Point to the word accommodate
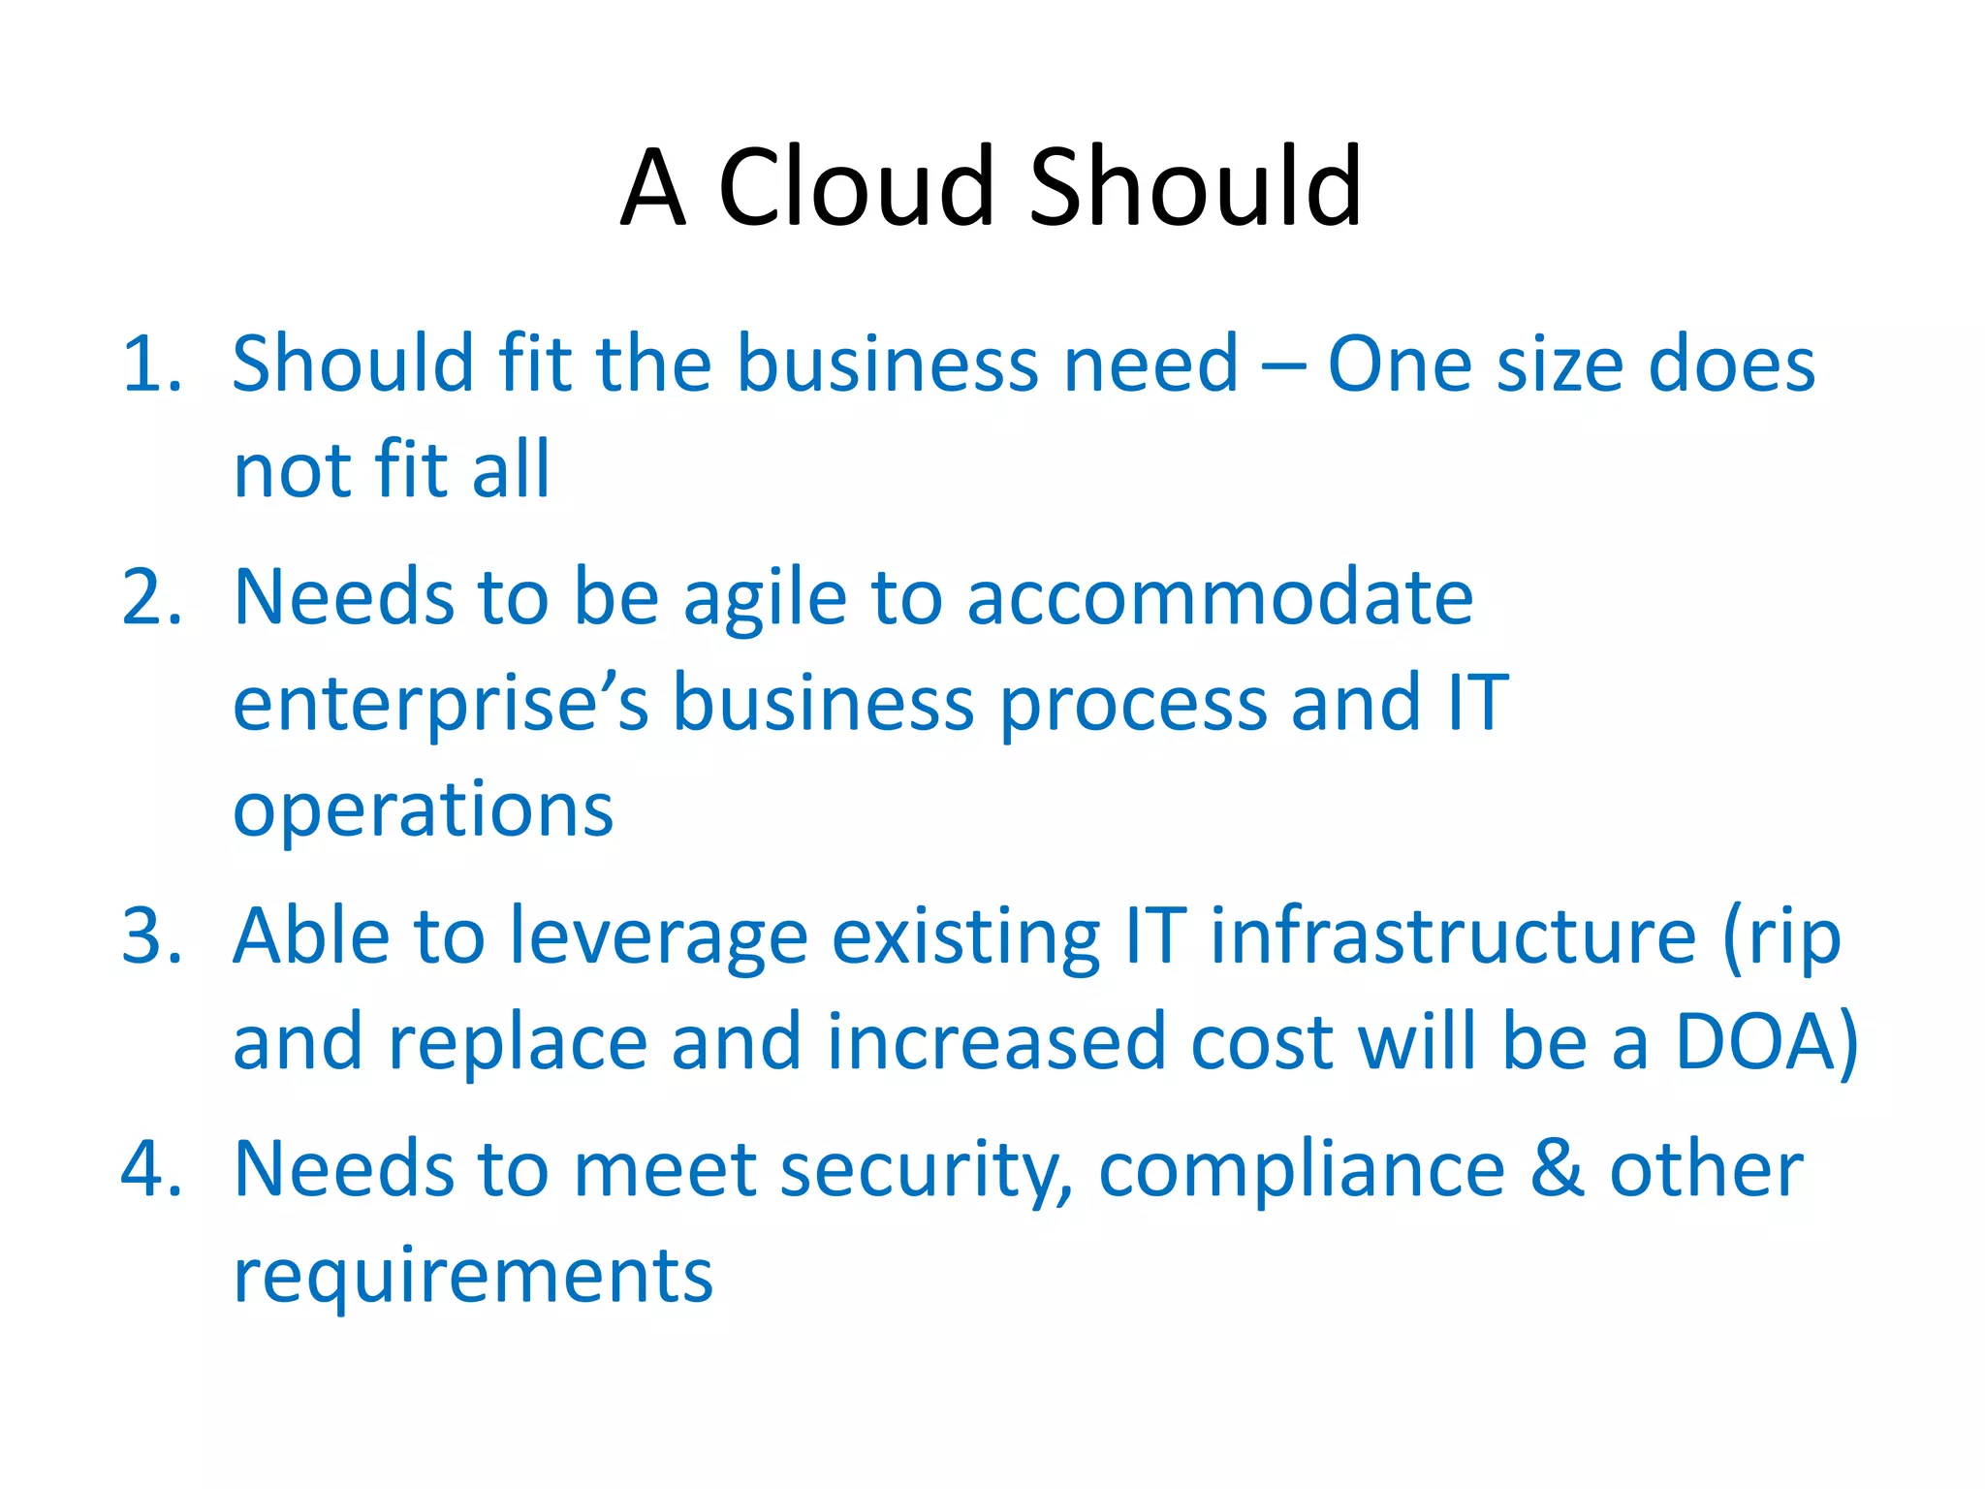click(x=1219, y=597)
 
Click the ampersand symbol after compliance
click(x=1557, y=1169)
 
